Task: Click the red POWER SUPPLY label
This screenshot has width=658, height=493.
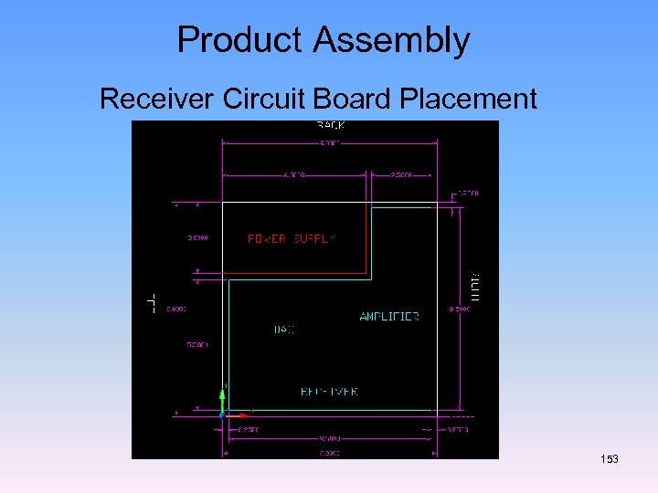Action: pyautogui.click(x=292, y=238)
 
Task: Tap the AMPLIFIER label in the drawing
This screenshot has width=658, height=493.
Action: pyautogui.click(x=389, y=317)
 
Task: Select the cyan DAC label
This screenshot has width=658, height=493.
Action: pyautogui.click(x=285, y=330)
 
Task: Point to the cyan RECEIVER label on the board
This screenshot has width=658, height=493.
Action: pyautogui.click(x=329, y=392)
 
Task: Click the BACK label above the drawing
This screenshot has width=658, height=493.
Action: pyautogui.click(x=331, y=125)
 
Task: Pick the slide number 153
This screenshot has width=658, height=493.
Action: pyautogui.click(x=609, y=458)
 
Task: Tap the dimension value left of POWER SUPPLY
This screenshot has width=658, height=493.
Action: pyautogui.click(x=198, y=238)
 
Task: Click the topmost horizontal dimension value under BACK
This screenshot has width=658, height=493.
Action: pyautogui.click(x=330, y=142)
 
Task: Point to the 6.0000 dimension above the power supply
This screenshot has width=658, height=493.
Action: pyautogui.click(x=293, y=173)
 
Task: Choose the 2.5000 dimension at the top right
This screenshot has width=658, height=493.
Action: pyautogui.click(x=401, y=173)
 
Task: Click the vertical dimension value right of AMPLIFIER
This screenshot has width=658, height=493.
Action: pyautogui.click(x=459, y=309)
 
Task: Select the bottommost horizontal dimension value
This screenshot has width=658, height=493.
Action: pyautogui.click(x=330, y=452)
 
